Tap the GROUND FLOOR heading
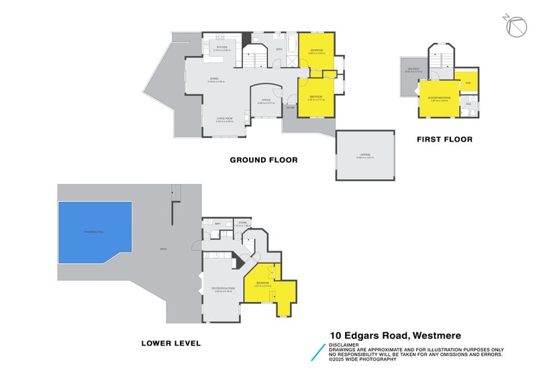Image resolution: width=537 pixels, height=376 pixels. tap(263, 160)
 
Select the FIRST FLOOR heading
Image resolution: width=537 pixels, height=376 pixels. tap(444, 140)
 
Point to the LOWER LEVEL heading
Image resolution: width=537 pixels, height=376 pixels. tap(170, 343)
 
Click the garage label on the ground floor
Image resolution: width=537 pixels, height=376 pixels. tap(365, 156)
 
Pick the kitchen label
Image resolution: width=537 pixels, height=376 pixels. tap(222, 48)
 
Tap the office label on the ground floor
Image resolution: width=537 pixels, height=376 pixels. tap(266, 101)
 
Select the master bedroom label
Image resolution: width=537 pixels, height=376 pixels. tap(439, 100)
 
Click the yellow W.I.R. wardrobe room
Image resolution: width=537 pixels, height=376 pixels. tap(468, 83)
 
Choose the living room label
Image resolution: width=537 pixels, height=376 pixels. tap(224, 120)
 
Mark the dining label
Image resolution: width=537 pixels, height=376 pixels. tap(215, 80)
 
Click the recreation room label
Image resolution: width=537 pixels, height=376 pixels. tap(222, 289)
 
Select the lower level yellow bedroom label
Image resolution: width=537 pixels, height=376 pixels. tap(262, 283)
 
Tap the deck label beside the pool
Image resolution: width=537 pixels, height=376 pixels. tap(163, 250)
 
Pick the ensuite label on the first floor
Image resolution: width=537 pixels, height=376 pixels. tap(469, 104)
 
